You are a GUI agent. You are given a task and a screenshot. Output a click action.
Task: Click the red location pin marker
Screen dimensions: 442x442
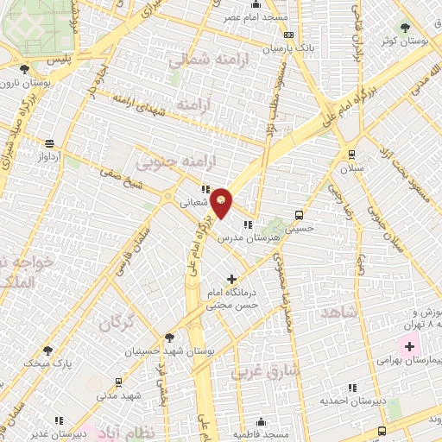pos(222,202)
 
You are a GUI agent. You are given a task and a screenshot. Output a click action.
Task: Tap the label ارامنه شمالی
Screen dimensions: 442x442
pos(201,61)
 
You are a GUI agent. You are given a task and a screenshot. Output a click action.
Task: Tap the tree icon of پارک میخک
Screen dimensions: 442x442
pos(47,351)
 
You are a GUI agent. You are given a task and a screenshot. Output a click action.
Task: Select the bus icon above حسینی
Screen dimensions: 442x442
pos(299,215)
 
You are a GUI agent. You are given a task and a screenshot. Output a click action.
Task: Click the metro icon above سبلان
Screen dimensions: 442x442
pos(351,154)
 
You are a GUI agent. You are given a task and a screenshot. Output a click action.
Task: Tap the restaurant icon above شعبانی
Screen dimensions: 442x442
pos(205,189)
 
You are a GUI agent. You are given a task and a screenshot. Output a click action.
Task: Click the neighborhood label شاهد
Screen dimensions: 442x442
pos(338,312)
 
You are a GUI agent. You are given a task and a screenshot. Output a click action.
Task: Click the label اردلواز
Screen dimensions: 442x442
pos(48,158)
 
